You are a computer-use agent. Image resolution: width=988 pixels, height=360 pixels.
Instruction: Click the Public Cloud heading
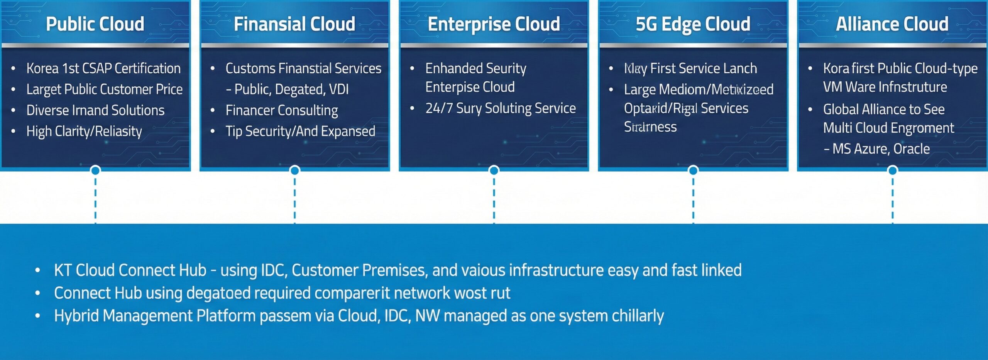pos(95,24)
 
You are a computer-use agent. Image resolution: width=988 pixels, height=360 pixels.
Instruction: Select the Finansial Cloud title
pos(294,24)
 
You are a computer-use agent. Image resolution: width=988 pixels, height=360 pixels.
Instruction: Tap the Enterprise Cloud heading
pos(494,24)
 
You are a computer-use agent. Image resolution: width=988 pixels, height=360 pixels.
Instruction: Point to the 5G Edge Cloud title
pos(693,24)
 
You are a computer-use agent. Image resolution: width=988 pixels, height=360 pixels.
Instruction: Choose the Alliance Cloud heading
pos(892,24)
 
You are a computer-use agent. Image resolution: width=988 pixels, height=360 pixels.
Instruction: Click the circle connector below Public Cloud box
pos(95,170)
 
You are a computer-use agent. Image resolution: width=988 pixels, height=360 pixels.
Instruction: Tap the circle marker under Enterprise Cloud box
pos(494,170)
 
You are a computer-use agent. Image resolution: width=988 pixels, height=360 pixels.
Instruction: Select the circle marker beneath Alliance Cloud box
pos(892,170)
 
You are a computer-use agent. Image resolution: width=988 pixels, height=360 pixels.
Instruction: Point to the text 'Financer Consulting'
pos(282,110)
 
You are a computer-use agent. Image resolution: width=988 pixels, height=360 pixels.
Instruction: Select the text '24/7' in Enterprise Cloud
pos(439,108)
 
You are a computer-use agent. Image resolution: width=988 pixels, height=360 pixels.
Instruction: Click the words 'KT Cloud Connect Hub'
pos(130,270)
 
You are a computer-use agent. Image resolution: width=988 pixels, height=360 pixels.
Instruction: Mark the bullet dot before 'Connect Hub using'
pos(37,293)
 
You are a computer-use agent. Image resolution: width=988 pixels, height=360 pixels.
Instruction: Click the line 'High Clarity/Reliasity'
pos(84,132)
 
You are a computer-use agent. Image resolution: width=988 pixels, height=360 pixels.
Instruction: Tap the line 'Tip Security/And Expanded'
pos(300,132)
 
